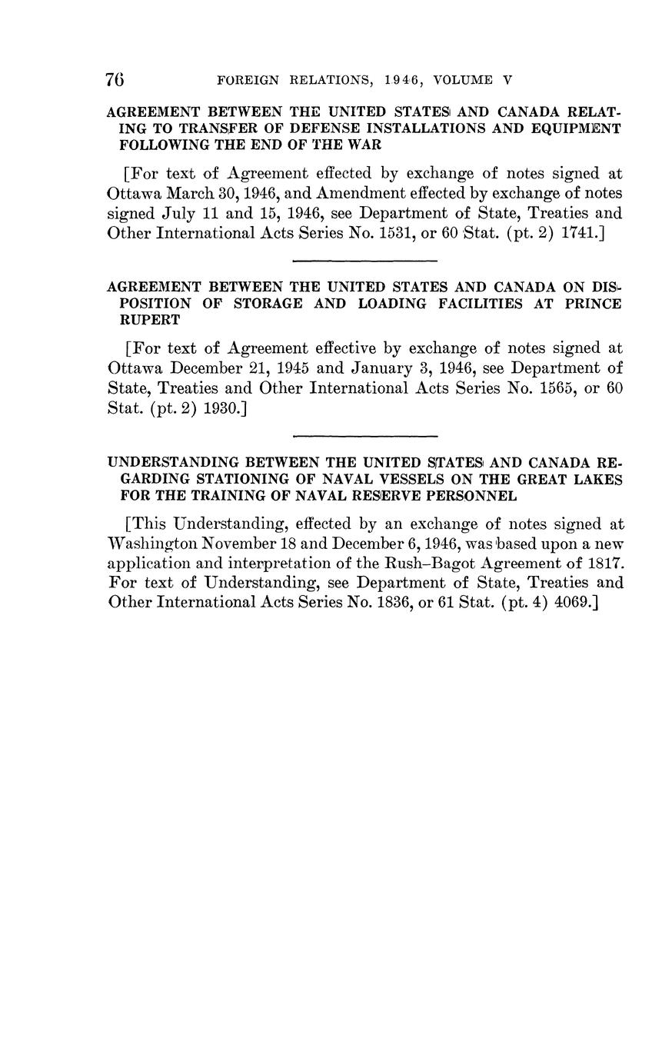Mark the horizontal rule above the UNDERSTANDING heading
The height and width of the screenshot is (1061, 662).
(x=365, y=436)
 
